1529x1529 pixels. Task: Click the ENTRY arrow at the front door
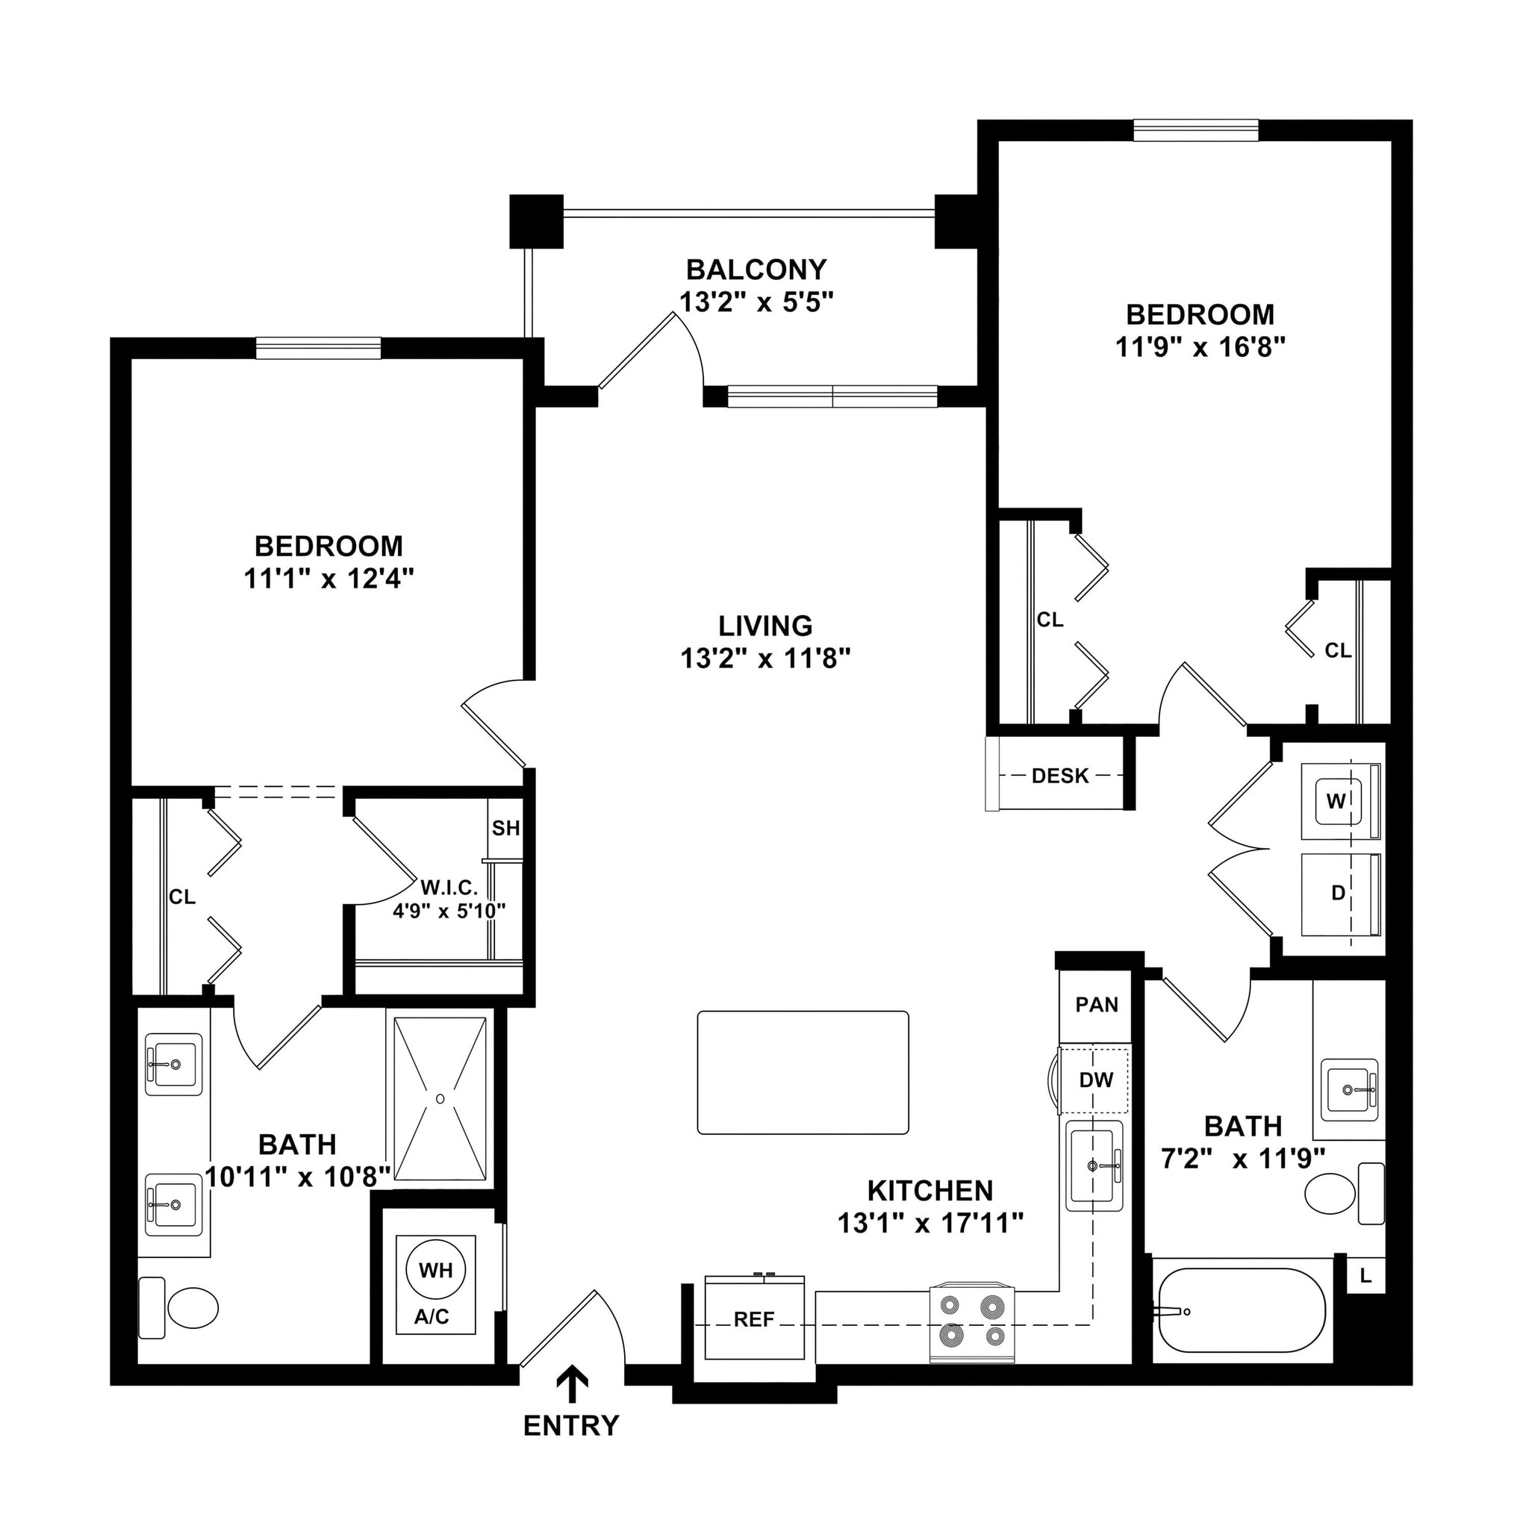point(572,1386)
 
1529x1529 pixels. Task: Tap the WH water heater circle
point(435,1270)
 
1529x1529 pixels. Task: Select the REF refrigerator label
point(753,1319)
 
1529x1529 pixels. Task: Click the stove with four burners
point(973,1322)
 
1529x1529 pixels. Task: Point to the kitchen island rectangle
point(803,1073)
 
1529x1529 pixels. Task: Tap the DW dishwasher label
point(1096,1080)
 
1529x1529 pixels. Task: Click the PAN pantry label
point(1096,1005)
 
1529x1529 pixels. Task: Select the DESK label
point(1059,776)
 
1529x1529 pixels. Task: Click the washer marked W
point(1336,801)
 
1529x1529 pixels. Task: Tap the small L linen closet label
point(1366,1277)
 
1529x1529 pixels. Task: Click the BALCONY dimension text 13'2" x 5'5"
point(756,302)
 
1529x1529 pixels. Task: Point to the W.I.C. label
point(449,888)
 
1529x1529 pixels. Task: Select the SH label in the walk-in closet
point(505,829)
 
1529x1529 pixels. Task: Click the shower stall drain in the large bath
point(440,1098)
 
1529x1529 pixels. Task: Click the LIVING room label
point(764,626)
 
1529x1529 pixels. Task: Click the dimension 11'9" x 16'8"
point(1200,347)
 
